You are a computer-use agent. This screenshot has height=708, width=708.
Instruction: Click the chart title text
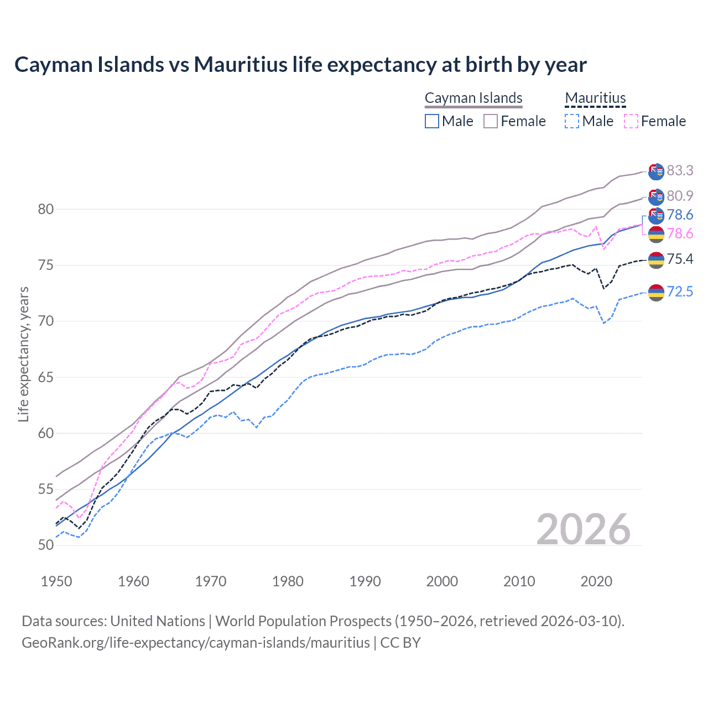coord(300,65)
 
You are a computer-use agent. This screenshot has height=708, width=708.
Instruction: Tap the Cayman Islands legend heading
coord(473,98)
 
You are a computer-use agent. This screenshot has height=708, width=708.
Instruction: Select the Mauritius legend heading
coord(595,98)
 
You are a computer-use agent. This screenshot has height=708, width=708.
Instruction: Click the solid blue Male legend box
coord(432,121)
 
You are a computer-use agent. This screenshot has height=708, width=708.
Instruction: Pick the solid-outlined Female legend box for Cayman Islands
coord(491,121)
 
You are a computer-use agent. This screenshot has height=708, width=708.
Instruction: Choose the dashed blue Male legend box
coord(572,121)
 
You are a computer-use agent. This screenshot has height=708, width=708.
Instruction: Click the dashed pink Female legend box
coord(631,121)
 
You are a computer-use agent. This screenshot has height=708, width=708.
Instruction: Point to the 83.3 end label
coord(680,170)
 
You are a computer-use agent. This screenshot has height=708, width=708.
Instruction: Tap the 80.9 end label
coord(680,196)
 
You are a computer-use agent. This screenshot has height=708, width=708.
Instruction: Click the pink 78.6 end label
coord(680,234)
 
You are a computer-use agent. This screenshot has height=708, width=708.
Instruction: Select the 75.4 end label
coord(680,259)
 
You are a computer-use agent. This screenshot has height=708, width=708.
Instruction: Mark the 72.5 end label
coord(680,291)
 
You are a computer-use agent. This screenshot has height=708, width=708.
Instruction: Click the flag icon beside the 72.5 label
coord(656,292)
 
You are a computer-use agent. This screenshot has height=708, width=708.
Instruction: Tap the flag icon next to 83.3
coord(656,172)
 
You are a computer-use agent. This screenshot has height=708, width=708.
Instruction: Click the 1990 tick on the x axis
coord(365,581)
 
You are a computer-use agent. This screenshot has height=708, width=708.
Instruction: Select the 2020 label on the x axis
coord(596,581)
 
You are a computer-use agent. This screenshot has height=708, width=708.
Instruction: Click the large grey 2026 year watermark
coord(583,529)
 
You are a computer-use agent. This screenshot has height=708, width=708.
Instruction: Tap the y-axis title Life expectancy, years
coord(23,354)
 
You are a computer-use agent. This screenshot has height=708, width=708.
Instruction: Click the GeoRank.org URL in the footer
coord(196,643)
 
